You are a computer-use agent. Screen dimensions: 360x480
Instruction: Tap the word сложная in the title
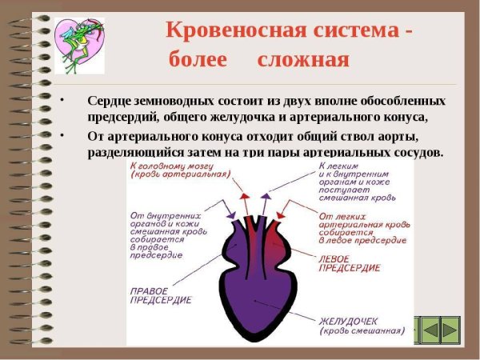304,61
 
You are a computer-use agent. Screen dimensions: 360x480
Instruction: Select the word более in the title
198,61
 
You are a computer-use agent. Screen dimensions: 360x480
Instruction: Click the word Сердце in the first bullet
110,102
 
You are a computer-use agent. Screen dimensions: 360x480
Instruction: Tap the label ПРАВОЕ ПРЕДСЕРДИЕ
160,294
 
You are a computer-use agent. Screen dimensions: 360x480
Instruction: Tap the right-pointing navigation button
451,328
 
